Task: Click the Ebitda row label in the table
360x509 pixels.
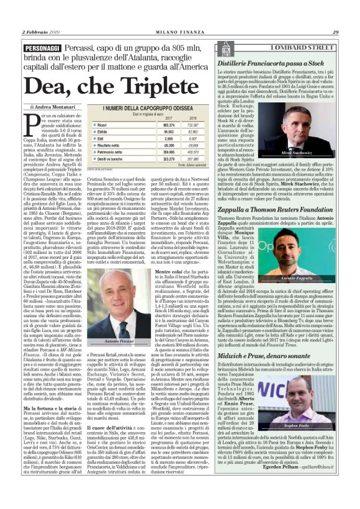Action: [99, 132]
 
